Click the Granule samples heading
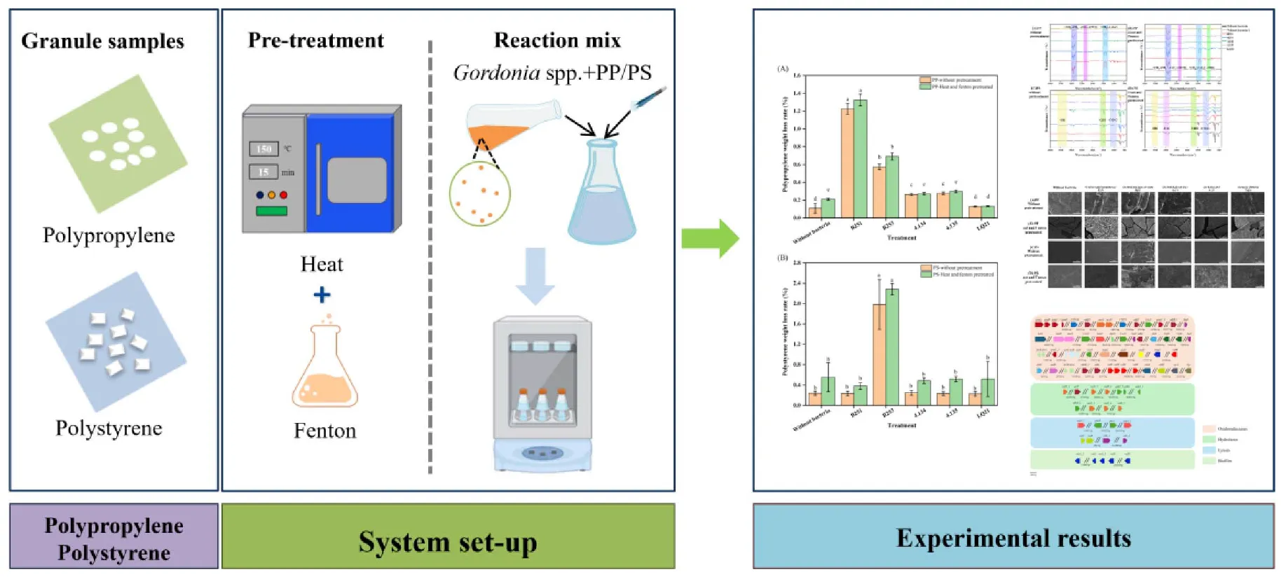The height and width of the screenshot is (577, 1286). pos(102,41)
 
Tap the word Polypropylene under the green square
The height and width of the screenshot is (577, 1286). pos(109,235)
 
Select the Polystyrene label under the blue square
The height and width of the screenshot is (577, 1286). pos(109,428)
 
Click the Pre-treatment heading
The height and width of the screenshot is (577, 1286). pos(315,41)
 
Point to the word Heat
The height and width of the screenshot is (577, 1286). pos(322,264)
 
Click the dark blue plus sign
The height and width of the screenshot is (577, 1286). pos(322,295)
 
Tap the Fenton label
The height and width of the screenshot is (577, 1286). pos(324,431)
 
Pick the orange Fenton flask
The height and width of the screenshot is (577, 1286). pos(324,371)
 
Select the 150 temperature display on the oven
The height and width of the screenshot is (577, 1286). pos(264,149)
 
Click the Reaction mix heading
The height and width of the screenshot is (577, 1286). pos(557,41)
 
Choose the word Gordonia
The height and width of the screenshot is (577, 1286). pos(496,73)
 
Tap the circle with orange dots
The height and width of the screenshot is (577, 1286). pos(480,194)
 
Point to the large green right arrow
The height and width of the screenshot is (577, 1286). pos(710,239)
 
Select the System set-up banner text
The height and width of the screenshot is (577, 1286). pos(448,542)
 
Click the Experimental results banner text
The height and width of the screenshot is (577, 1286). pos(1013,538)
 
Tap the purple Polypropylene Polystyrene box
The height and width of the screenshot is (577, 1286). pos(114,538)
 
